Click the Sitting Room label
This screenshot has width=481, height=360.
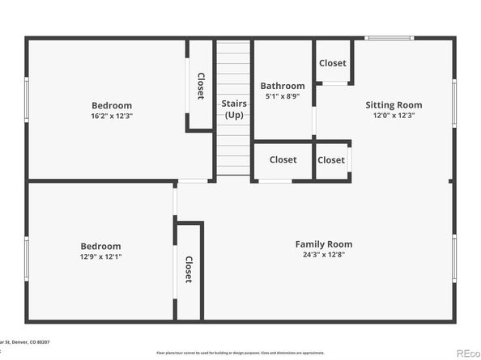(x=394, y=105)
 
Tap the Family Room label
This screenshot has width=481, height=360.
(x=323, y=244)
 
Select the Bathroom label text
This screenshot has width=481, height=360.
(x=283, y=87)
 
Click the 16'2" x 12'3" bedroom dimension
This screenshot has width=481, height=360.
(x=112, y=116)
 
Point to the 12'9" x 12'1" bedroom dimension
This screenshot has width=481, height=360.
(x=100, y=257)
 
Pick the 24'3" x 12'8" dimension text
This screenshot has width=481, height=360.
(x=323, y=256)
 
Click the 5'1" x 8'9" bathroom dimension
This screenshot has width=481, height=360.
(x=283, y=97)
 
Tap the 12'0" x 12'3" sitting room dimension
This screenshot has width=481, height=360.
(x=394, y=116)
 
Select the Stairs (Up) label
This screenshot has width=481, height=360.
(x=234, y=109)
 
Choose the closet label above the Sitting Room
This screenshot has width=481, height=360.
(x=332, y=63)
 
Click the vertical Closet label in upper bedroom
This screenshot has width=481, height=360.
(x=200, y=87)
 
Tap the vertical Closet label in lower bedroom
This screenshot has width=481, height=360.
(x=188, y=269)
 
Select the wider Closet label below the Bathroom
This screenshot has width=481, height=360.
(x=283, y=160)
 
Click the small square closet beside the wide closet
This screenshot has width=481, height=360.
(x=331, y=160)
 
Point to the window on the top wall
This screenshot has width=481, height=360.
(x=389, y=38)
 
